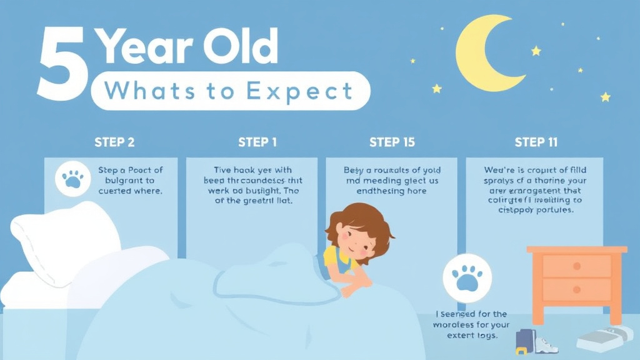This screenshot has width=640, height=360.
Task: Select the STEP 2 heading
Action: (x=114, y=142)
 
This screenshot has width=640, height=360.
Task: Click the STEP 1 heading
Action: (x=257, y=142)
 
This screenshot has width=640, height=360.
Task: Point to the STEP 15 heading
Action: (x=392, y=142)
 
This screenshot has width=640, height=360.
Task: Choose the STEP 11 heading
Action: (x=536, y=142)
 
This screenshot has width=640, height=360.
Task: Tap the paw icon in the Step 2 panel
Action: (x=73, y=179)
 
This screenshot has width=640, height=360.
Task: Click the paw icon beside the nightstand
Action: (x=467, y=277)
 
